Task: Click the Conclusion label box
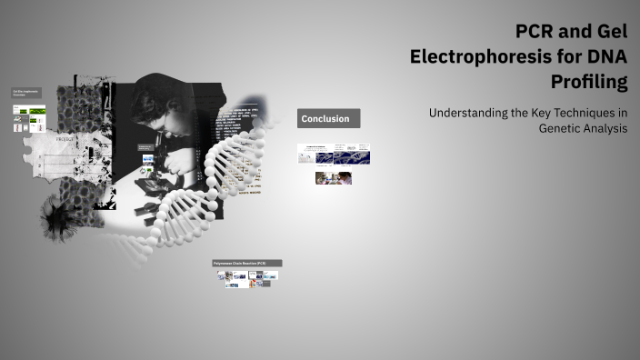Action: pos(329,119)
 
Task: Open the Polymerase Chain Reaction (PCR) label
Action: pos(246,264)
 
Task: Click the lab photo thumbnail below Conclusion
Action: pos(333,178)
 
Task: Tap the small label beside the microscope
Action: pos(145,147)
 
